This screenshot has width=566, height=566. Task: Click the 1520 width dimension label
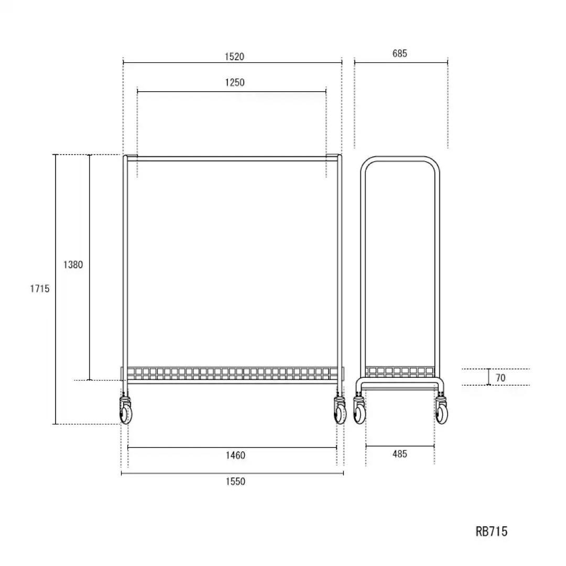(x=234, y=57)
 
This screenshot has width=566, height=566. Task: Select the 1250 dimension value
(x=235, y=82)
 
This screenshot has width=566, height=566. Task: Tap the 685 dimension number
(x=399, y=53)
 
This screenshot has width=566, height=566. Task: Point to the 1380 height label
(x=73, y=265)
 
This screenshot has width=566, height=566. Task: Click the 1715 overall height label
(x=39, y=288)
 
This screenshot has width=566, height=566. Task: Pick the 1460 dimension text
(x=235, y=455)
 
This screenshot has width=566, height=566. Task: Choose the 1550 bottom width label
(x=235, y=482)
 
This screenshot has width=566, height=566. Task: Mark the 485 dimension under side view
(x=399, y=454)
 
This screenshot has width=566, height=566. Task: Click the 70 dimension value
(x=500, y=377)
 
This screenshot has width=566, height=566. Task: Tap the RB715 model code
(x=491, y=531)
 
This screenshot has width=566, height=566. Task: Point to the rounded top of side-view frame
(x=400, y=159)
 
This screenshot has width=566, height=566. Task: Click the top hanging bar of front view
(x=233, y=158)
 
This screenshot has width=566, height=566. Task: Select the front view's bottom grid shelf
(x=233, y=373)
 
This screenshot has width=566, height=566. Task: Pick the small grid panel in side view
(x=399, y=372)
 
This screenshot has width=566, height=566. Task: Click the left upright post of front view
(x=125, y=262)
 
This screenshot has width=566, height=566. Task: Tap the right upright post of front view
(x=340, y=262)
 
